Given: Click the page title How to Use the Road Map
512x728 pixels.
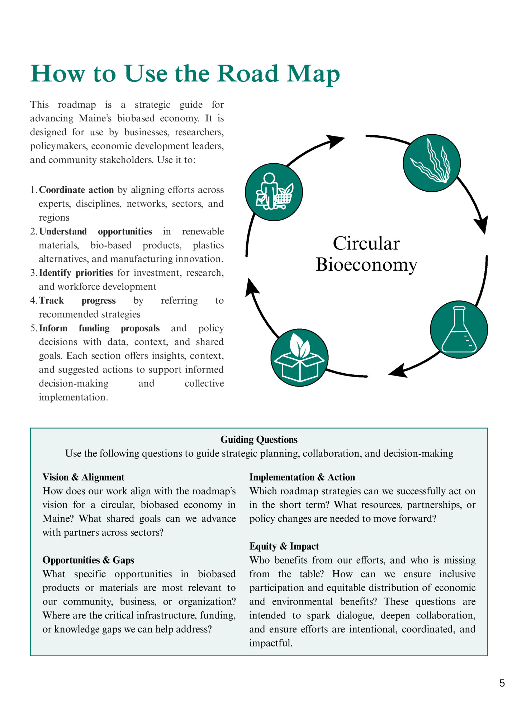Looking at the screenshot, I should pyautogui.click(x=185, y=74).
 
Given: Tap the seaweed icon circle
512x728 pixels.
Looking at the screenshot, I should pyautogui.click(x=432, y=163).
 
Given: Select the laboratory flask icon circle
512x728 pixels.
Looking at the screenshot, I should pyautogui.click(x=459, y=329).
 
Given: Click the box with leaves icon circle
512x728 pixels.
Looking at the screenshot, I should pyautogui.click(x=299, y=358).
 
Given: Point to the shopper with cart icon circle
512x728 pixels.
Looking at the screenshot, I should pyautogui.click(x=274, y=192).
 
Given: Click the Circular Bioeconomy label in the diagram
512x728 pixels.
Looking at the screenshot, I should pyautogui.click(x=366, y=254).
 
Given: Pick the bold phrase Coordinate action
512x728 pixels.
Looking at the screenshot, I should pyautogui.click(x=76, y=190).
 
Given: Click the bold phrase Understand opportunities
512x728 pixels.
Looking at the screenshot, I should pyautogui.click(x=95, y=232).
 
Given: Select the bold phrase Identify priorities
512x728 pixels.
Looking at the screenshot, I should pyautogui.click(x=76, y=273).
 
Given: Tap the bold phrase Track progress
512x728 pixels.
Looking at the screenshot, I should pyautogui.click(x=77, y=300).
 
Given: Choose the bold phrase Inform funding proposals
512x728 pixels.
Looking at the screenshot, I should pyautogui.click(x=99, y=328).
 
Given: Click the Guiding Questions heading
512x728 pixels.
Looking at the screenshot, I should pyautogui.click(x=259, y=440).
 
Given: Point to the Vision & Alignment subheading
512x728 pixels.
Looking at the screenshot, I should pyautogui.click(x=84, y=477).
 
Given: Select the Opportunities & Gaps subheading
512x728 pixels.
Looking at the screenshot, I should pyautogui.click(x=88, y=560).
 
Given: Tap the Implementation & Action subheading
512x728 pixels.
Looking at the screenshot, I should pyautogui.click(x=302, y=477).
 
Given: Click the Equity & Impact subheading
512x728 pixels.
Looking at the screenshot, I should pyautogui.click(x=284, y=546).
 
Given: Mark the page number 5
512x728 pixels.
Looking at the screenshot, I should pyautogui.click(x=502, y=683).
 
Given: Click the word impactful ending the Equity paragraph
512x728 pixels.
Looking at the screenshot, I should pyautogui.click(x=271, y=643).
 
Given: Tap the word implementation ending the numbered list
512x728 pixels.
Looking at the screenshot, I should pyautogui.click(x=73, y=397).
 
